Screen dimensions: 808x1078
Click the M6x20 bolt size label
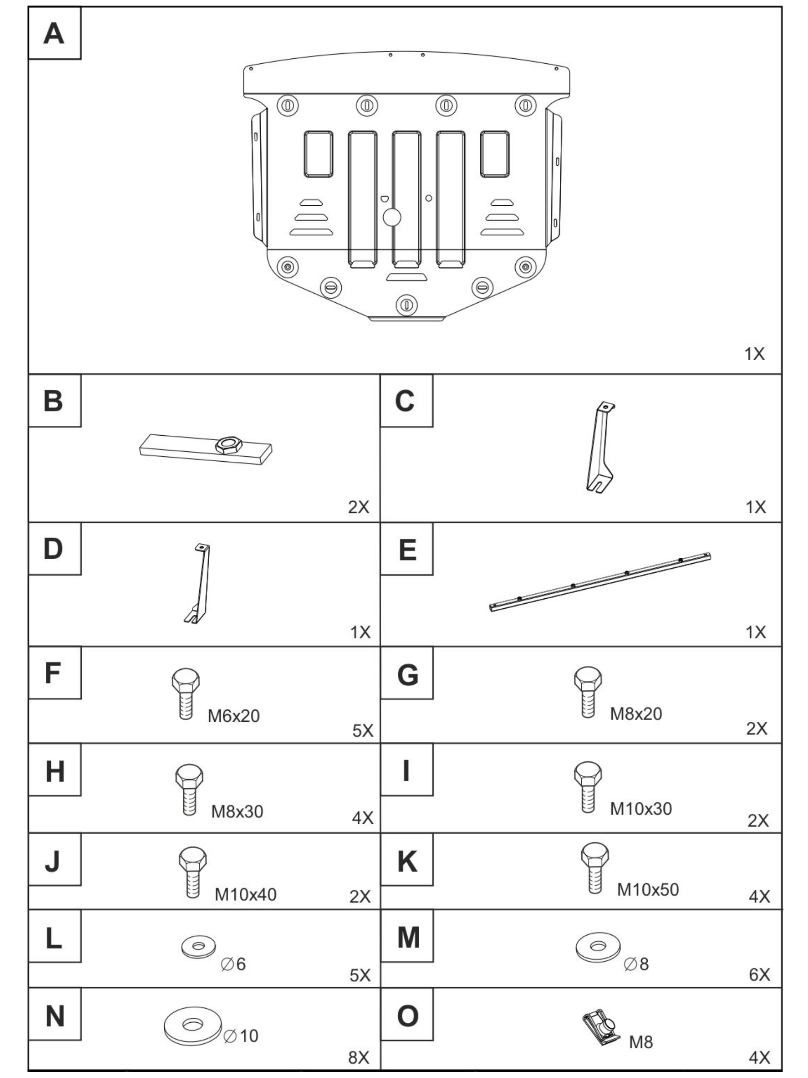point(233,716)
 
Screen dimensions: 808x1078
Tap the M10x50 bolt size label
point(648,889)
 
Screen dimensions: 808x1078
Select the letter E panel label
point(407,550)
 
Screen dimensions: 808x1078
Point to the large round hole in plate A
point(392,217)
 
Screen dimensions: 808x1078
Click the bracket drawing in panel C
point(600,447)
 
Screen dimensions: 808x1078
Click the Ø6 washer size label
point(233,964)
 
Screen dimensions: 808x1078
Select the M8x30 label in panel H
point(237,812)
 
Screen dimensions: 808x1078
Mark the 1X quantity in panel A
point(755,354)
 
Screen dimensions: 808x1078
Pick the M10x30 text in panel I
point(641,808)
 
